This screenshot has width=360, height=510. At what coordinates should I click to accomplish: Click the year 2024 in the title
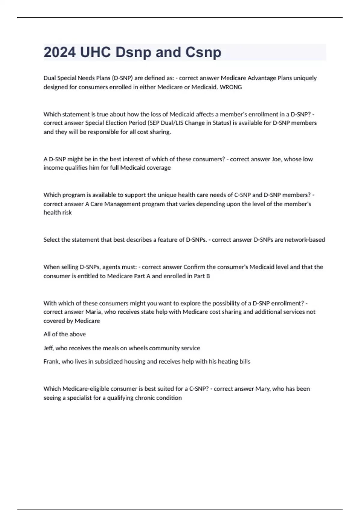click(60, 52)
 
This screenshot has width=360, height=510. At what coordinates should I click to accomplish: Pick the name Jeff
click(49, 348)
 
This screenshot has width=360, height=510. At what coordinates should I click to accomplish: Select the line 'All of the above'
click(64, 334)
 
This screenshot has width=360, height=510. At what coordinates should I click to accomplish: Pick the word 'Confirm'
click(194, 267)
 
